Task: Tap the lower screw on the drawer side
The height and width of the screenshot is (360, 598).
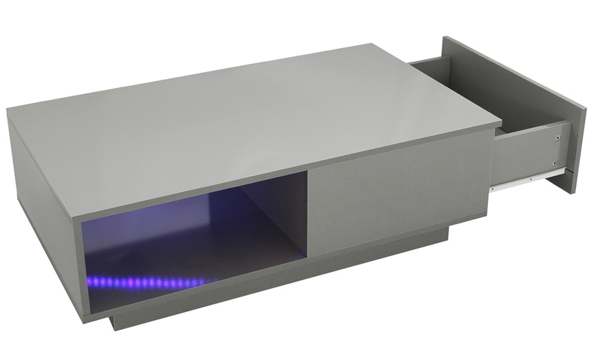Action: [555, 163]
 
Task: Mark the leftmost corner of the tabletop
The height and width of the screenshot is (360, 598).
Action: [8, 110]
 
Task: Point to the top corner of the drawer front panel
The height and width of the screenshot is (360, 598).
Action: [445, 37]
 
